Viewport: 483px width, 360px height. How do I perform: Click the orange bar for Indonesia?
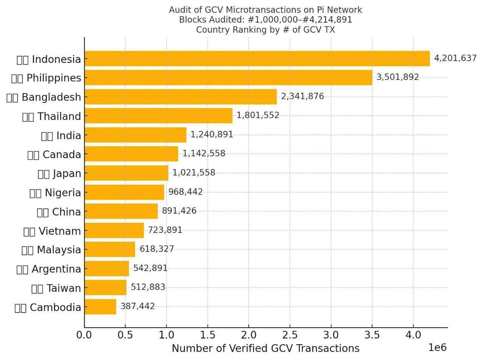pyautogui.click(x=257, y=59)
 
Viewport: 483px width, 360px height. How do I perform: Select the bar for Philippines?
pyautogui.click(x=228, y=78)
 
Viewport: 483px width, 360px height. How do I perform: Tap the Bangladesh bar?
pyautogui.click(x=180, y=97)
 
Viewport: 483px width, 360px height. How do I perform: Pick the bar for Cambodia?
pyautogui.click(x=100, y=307)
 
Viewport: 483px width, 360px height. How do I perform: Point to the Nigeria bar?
pyautogui.click(x=124, y=192)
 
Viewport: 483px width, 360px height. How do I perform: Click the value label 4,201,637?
pyautogui.click(x=455, y=58)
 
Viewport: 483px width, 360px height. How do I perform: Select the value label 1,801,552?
pyautogui.click(x=258, y=115)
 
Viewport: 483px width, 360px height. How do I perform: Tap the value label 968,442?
pyautogui.click(x=185, y=192)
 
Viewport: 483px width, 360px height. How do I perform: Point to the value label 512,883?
pyautogui.click(x=148, y=287)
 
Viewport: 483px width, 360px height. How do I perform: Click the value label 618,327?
pyautogui.click(x=157, y=249)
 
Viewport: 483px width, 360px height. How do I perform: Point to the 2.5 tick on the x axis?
pyautogui.click(x=290, y=335)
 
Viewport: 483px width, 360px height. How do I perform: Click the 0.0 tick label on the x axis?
pyautogui.click(x=84, y=335)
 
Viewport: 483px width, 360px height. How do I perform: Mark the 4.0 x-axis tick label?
pyautogui.click(x=413, y=335)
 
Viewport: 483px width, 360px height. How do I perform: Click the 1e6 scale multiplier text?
pyautogui.click(x=437, y=348)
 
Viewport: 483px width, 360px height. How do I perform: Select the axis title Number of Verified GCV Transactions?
pyautogui.click(x=265, y=348)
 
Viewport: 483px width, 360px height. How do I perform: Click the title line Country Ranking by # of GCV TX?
pyautogui.click(x=265, y=30)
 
